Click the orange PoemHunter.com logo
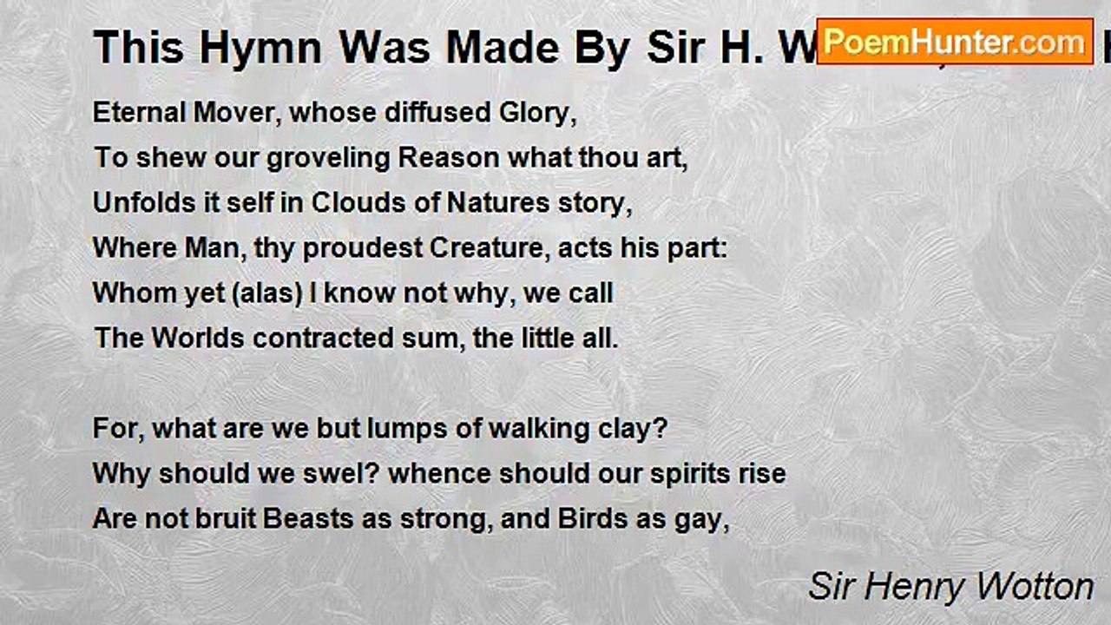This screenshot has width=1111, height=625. [955, 41]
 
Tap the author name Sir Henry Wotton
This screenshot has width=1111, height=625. [950, 587]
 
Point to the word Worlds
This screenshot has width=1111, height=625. [198, 338]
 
